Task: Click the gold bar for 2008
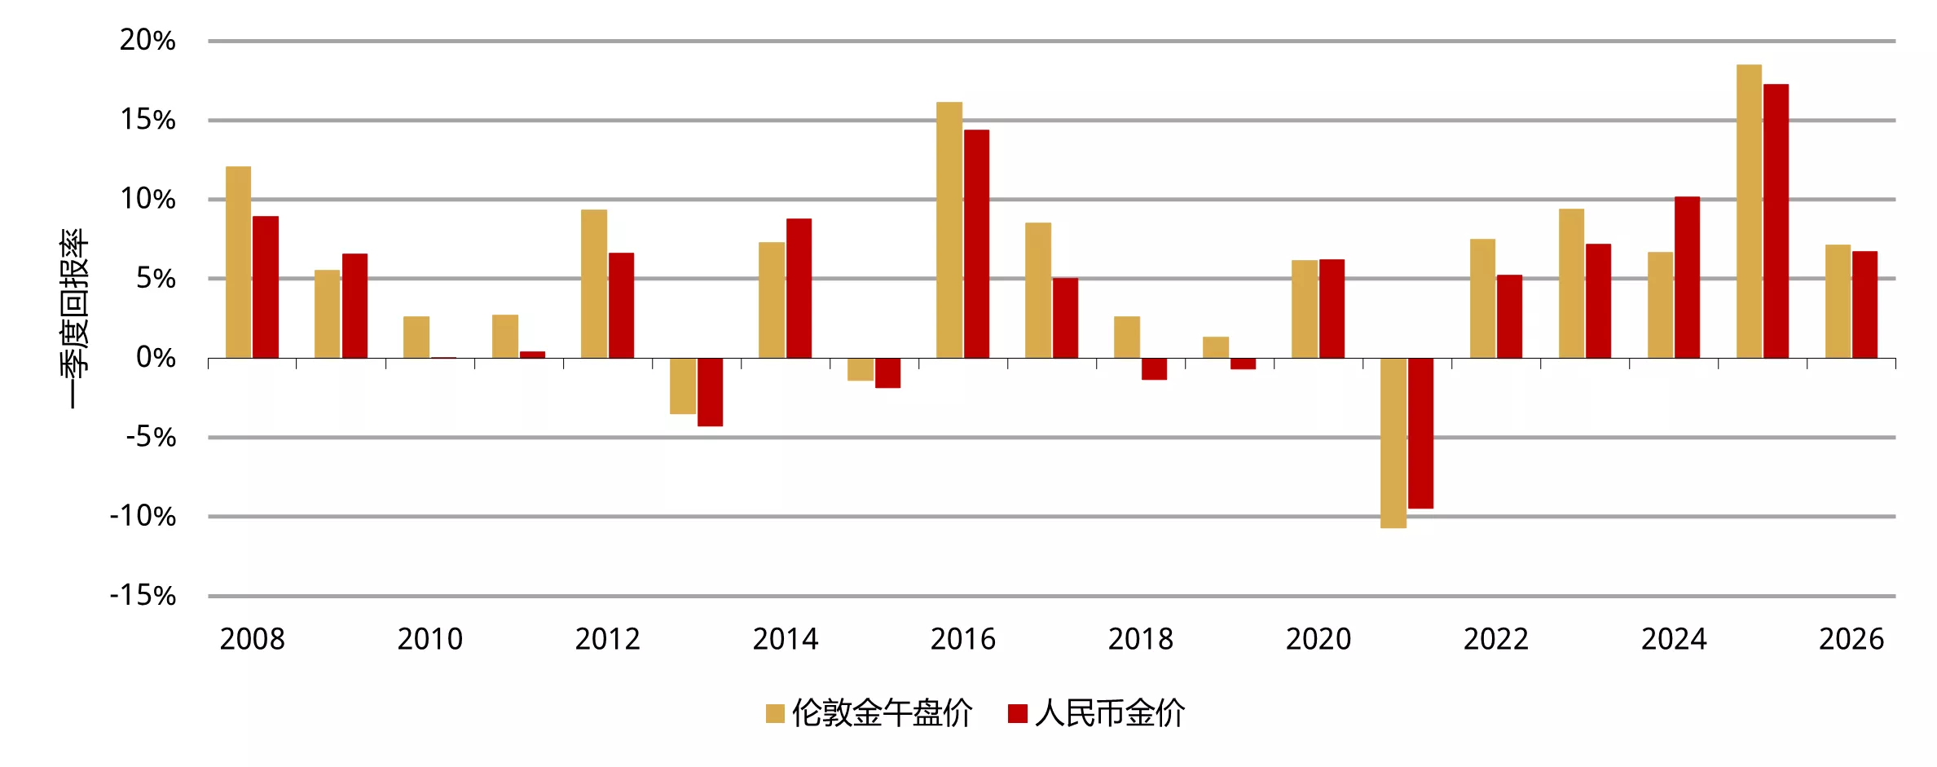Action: tap(238, 262)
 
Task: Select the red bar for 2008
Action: tap(266, 287)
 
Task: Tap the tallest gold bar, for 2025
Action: tap(1749, 211)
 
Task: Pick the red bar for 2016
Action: tap(976, 244)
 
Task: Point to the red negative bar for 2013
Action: tap(710, 392)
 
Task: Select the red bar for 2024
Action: tap(1687, 277)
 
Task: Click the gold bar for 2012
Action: tap(594, 284)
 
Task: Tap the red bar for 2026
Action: tap(1864, 305)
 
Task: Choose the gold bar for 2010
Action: tap(416, 337)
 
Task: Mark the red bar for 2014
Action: tap(799, 289)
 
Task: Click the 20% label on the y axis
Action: tap(147, 40)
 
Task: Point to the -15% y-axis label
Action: tap(143, 596)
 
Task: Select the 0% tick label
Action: tap(156, 357)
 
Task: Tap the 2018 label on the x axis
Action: tap(1140, 639)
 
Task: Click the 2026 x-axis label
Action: tap(1851, 639)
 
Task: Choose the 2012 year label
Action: tap(607, 639)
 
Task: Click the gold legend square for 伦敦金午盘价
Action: tap(775, 714)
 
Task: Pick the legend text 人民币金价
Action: tap(1110, 714)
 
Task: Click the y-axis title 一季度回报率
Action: tap(74, 318)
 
